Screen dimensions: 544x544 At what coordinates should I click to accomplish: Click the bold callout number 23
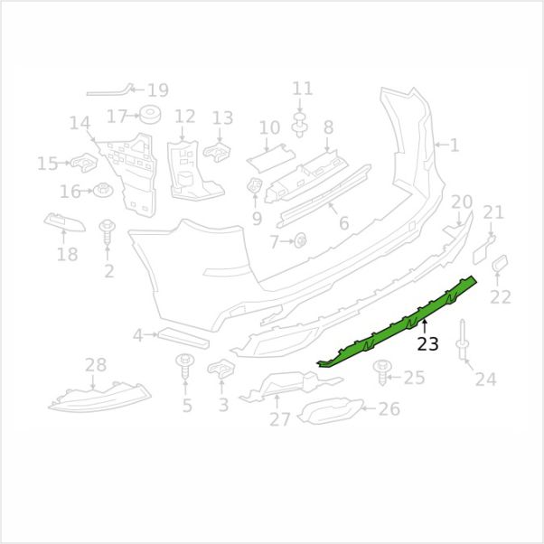[x=427, y=344]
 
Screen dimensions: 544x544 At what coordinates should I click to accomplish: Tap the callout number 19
[x=158, y=90]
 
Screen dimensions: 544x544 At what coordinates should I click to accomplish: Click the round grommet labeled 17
[x=150, y=114]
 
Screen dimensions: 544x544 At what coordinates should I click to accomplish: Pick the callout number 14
[x=80, y=123]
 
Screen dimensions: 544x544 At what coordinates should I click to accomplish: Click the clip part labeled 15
[x=84, y=163]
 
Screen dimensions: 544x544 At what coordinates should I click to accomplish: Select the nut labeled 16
[x=103, y=190]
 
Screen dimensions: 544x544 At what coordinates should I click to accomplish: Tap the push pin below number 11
[x=300, y=125]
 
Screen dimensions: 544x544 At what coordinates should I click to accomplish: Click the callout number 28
[x=96, y=365]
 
